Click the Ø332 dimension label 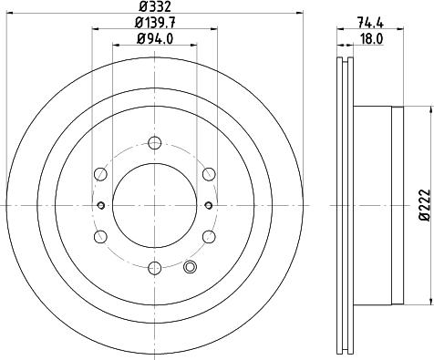(x=155, y=6)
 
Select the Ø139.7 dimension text (x=155, y=22)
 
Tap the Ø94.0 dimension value (x=155, y=38)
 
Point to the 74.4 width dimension (x=370, y=22)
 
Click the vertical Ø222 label (x=425, y=204)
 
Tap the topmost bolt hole (x=155, y=142)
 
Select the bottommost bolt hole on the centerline (x=154, y=268)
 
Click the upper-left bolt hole (x=100, y=174)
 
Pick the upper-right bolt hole (x=209, y=174)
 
